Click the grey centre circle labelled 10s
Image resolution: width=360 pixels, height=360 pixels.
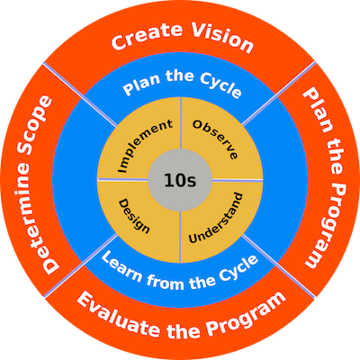pyautogui.click(x=180, y=180)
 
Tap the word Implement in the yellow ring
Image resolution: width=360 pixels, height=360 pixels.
pyautogui.click(x=145, y=145)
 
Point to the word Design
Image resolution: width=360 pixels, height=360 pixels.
pyautogui.click(x=134, y=216)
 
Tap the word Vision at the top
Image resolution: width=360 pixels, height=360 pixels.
pyautogui.click(x=222, y=37)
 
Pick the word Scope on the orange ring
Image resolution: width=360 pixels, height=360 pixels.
pyautogui.click(x=35, y=127)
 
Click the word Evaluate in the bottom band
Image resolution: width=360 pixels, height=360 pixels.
pyautogui.click(x=118, y=314)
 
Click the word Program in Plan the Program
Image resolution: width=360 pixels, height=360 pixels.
pyautogui.click(x=326, y=224)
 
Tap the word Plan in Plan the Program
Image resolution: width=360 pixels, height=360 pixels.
pyautogui.click(x=318, y=110)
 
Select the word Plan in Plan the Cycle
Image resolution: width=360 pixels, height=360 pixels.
pyautogui.click(x=141, y=84)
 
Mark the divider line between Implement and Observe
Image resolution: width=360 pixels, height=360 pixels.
pyautogui.click(x=181, y=123)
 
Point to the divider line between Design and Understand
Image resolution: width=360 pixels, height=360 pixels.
pyautogui.click(x=180, y=237)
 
